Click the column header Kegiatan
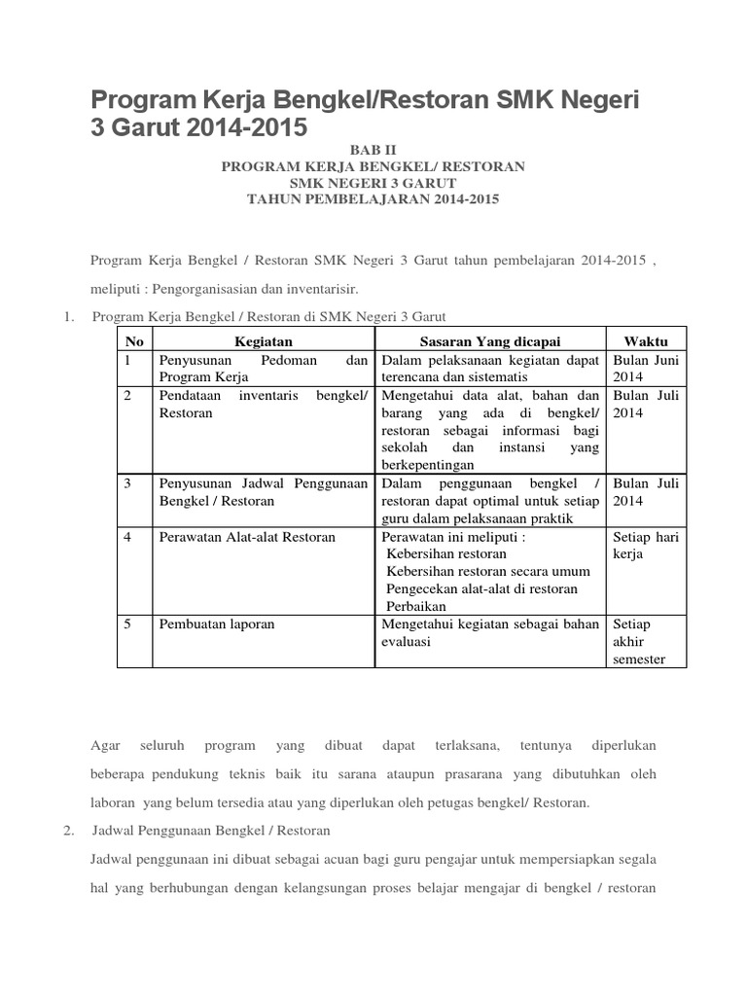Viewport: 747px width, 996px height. pos(264,340)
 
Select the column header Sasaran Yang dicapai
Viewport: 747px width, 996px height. pos(490,340)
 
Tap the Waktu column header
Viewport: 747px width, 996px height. pos(645,340)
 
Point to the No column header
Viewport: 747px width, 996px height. pos(135,340)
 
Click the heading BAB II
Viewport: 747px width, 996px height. pos(373,150)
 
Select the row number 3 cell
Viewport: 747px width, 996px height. pos(128,483)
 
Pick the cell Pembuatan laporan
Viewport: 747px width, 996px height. pos(217,623)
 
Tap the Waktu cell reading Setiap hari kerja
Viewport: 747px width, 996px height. pos(645,545)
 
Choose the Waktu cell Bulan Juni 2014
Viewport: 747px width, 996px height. pos(645,369)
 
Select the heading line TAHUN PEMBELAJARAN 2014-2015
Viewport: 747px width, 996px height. pos(373,199)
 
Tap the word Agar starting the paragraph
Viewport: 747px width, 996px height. pos(104,745)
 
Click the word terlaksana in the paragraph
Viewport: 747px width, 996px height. pos(468,745)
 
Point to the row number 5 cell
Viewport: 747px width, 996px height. pos(128,623)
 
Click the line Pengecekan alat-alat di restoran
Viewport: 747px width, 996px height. pos(481,588)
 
